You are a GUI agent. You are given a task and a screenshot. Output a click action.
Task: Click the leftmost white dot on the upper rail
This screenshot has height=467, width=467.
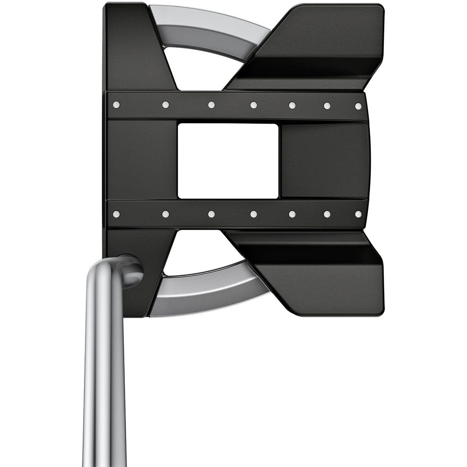click(115, 104)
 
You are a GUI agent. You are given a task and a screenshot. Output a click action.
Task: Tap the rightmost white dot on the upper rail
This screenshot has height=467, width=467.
click(358, 105)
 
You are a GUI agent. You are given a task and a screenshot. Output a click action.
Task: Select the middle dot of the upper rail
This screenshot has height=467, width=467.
click(253, 105)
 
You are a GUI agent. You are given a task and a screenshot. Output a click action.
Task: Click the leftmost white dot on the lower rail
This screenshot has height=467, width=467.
click(115, 214)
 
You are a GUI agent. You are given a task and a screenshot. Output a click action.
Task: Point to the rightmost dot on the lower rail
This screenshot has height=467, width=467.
click(358, 214)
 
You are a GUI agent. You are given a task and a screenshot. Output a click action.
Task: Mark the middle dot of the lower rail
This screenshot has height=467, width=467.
click(253, 214)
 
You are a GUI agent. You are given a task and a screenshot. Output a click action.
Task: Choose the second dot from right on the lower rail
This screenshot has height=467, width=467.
click(327, 214)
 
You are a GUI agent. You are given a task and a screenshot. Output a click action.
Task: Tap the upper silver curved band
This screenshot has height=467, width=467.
click(212, 25)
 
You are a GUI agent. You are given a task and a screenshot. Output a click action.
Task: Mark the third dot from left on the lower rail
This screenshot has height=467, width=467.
click(211, 214)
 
